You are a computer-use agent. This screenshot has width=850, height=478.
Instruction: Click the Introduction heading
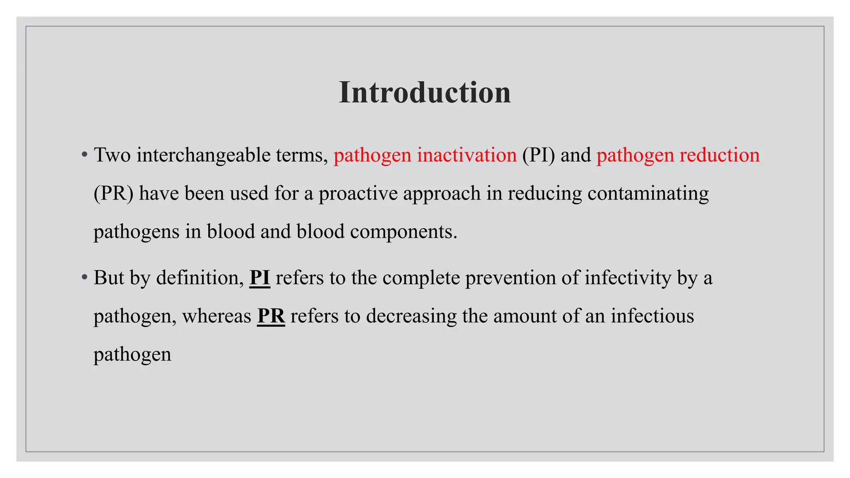click(x=425, y=92)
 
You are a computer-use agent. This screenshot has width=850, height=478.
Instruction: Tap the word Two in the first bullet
click(x=112, y=155)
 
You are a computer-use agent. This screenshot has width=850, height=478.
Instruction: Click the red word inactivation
click(x=467, y=155)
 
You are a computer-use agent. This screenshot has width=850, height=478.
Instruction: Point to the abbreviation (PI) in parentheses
click(x=538, y=155)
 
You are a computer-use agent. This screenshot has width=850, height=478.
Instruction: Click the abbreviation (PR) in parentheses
click(x=113, y=193)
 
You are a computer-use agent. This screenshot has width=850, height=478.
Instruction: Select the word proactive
click(x=358, y=193)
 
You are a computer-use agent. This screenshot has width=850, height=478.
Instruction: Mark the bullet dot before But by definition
click(x=85, y=277)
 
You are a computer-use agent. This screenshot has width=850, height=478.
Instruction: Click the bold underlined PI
click(x=260, y=278)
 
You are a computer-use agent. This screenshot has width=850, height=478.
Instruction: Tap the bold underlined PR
click(x=271, y=316)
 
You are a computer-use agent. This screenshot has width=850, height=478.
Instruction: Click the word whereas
click(x=216, y=316)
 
